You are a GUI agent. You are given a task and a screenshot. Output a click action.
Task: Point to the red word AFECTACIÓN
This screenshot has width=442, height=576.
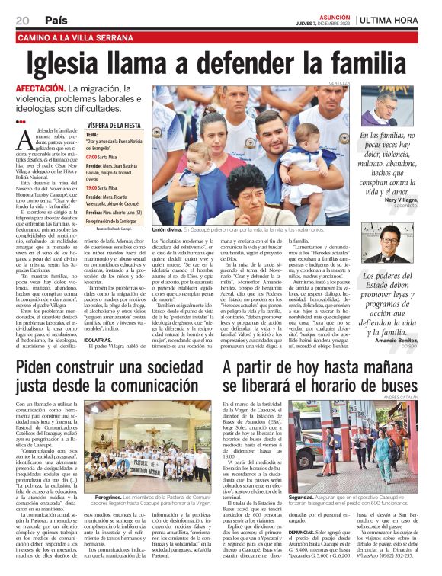pos(40,89)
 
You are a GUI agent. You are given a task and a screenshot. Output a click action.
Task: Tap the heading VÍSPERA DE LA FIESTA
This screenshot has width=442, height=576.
pos(115,123)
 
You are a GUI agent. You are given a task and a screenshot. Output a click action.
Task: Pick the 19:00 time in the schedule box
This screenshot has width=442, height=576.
pos(94,187)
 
